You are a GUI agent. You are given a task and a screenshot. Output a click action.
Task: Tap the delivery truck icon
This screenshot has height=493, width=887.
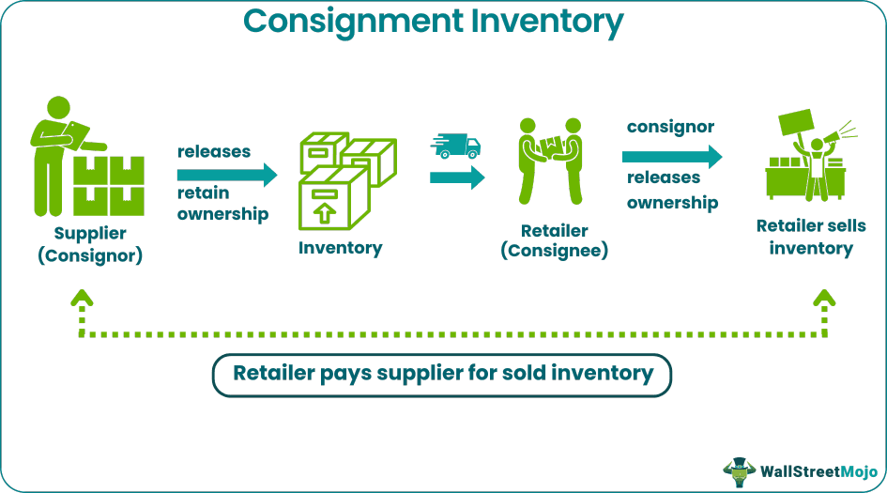(455, 146)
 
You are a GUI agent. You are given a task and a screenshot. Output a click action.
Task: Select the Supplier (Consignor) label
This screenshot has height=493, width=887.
(90, 243)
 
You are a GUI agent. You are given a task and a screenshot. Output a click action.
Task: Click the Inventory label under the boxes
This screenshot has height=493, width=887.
(341, 248)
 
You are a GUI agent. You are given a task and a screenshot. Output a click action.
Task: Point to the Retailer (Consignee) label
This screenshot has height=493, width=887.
(554, 240)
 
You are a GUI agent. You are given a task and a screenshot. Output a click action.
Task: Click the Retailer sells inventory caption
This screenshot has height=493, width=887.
(811, 238)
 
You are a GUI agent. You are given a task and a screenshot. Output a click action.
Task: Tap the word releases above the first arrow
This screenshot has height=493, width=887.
(214, 151)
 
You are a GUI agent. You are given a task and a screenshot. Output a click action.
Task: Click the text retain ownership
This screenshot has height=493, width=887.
(222, 204)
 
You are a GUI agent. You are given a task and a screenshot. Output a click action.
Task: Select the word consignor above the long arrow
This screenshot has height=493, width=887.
(670, 126)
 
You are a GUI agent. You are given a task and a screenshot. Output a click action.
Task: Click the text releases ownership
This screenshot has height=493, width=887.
(672, 190)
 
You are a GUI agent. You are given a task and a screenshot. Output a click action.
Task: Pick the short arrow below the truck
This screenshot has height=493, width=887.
(457, 177)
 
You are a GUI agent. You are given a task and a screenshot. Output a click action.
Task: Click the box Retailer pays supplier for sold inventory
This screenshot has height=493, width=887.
(442, 374)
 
